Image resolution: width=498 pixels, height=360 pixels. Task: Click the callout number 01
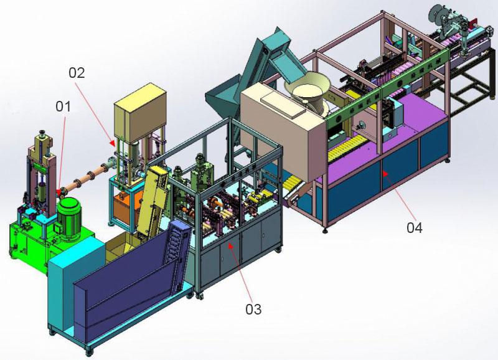coord(63,107)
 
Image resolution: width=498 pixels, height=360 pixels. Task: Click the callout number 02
coord(77,73)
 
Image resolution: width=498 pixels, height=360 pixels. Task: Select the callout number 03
coord(253,309)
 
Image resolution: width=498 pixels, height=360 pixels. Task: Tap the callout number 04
coord(415,228)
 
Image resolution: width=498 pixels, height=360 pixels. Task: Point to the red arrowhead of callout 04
coord(385,174)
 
